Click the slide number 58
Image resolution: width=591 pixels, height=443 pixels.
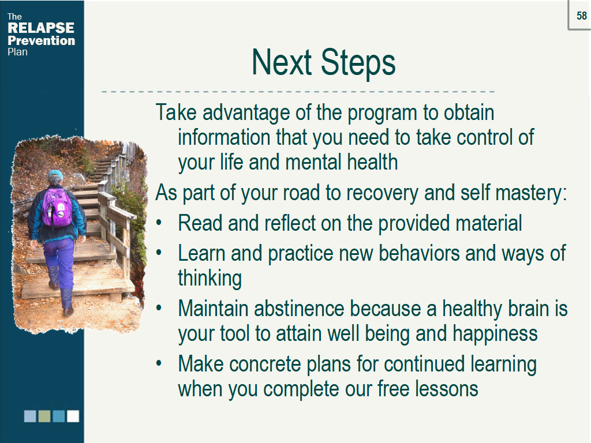582,16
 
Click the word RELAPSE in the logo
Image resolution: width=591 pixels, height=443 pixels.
41,28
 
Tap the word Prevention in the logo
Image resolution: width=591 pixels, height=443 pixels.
42,40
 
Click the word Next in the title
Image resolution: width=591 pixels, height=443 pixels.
282,62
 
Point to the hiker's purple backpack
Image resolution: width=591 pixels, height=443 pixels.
57,208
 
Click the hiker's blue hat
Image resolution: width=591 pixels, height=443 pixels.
55,174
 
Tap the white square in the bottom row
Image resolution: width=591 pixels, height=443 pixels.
73,416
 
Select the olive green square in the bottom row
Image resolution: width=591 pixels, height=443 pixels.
44,416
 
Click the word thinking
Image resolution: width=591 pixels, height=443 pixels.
210,279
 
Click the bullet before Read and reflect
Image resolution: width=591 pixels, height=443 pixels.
159,223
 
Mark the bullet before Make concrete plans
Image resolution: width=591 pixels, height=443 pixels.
159,363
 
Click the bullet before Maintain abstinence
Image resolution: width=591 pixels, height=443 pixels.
159,308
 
